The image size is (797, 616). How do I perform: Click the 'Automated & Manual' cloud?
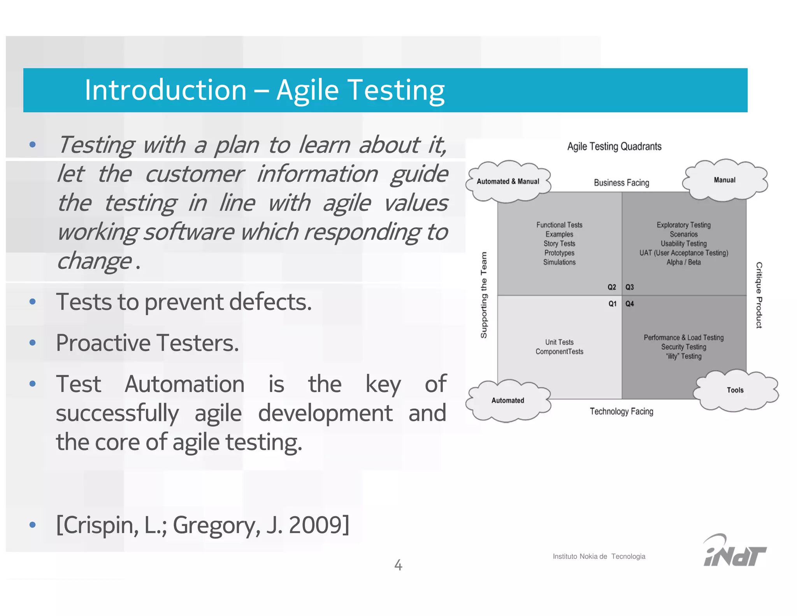coord(508,181)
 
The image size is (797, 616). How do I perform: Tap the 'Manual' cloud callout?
coord(725,180)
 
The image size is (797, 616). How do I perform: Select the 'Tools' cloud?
coord(735,390)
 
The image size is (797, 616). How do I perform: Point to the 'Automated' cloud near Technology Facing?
coord(508,400)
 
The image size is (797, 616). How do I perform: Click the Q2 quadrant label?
coord(612,287)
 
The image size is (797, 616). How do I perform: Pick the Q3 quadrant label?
coord(630,287)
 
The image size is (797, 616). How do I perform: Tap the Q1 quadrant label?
coord(613,304)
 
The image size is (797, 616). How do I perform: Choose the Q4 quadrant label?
coord(630,304)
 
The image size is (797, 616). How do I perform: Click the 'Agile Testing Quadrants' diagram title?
coord(614,146)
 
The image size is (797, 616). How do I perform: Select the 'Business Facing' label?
coord(621,183)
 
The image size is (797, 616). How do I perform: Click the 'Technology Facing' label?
coord(621,412)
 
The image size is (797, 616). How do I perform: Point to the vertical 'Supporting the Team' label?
coord(484,295)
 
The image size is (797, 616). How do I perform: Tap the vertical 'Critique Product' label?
coord(759,295)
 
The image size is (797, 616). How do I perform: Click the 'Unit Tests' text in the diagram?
coord(559,342)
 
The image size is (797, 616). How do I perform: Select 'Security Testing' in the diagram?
coord(683,347)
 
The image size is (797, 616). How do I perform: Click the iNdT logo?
coord(734,551)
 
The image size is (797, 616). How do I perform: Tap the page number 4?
coord(398,565)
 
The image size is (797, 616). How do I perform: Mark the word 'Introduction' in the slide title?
coord(166,90)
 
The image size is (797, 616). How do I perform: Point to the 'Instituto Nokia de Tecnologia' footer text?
coord(599,556)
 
